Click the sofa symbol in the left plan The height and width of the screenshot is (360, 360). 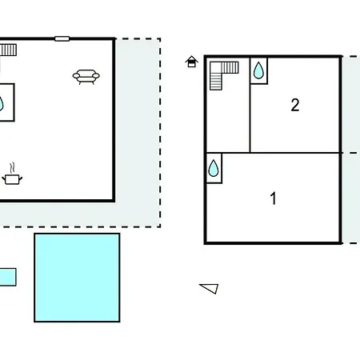click(x=86, y=77)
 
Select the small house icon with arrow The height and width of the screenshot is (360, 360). click(x=192, y=62)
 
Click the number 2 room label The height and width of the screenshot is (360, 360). click(x=295, y=105)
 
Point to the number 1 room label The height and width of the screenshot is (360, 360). click(x=273, y=198)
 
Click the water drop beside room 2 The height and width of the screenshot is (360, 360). click(x=258, y=70)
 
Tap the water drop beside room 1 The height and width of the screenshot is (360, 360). click(x=214, y=168)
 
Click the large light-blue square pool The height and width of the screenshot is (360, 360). click(x=77, y=278)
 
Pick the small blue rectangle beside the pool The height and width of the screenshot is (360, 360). click(x=8, y=277)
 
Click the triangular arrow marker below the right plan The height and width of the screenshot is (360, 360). click(x=210, y=288)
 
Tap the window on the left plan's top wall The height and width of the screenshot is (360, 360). click(x=62, y=39)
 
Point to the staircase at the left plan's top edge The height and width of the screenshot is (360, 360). click(x=8, y=50)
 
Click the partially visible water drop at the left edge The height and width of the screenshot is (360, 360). click(x=2, y=104)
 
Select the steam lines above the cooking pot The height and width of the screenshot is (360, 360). click(x=12, y=168)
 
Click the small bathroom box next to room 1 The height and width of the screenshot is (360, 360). click(x=214, y=168)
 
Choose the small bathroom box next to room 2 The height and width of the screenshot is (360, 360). click(x=258, y=70)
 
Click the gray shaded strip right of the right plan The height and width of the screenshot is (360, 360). click(x=351, y=150)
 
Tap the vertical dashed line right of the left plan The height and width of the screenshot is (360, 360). click(x=160, y=133)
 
